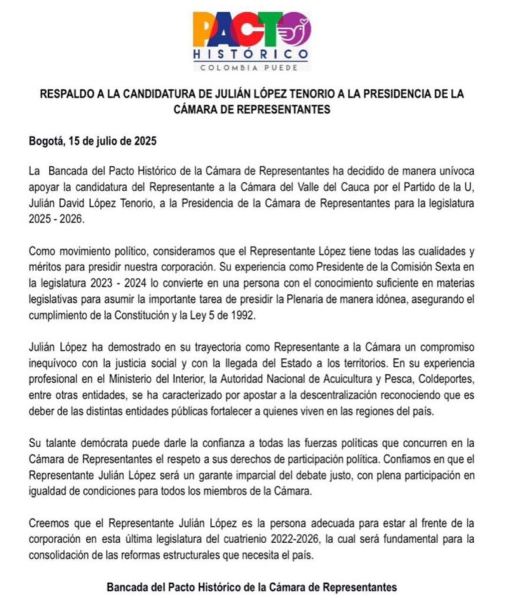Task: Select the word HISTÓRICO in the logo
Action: [251, 55]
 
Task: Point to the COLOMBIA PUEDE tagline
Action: [251, 67]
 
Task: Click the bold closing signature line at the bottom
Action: [251, 587]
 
